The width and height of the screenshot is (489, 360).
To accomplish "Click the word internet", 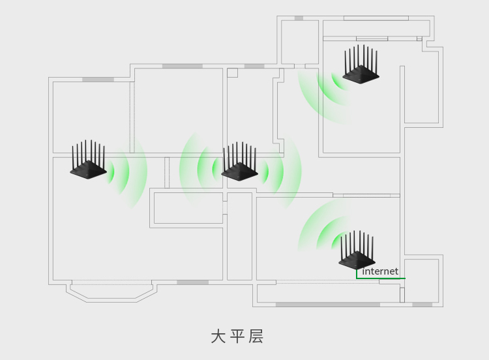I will pos(380,271).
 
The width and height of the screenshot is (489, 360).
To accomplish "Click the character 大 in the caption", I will pos(218,337).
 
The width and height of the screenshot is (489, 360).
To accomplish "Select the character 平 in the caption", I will pos(237,337).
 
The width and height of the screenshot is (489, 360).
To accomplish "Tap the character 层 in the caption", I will pos(256,337).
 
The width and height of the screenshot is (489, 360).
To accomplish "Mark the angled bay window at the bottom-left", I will pos(111,292).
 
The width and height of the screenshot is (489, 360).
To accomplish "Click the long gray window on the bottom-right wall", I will pos(327,305).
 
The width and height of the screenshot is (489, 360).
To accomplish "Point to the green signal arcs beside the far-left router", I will pos(127,171).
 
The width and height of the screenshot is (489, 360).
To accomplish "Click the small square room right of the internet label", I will pos(421,280).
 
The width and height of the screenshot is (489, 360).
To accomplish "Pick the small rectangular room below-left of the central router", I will pos(188,207).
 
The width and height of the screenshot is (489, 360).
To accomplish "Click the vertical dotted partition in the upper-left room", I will pos(132,117).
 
